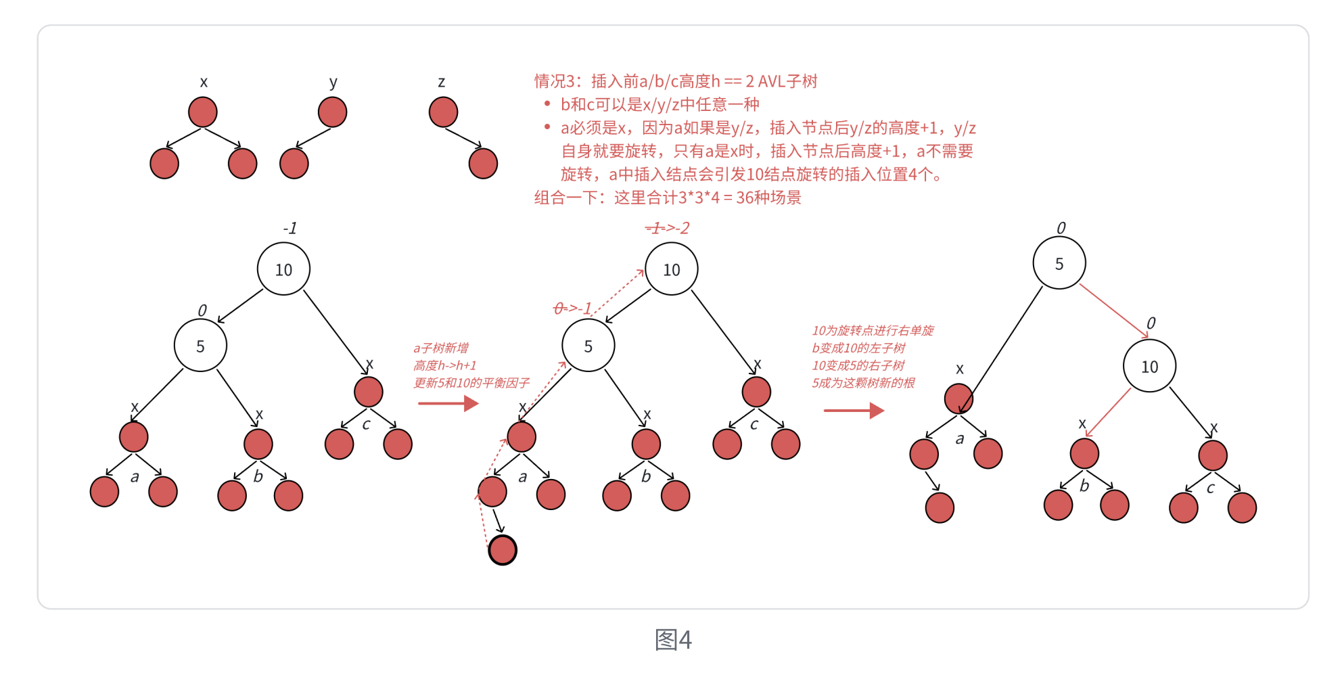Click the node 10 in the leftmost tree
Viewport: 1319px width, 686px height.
[283, 269]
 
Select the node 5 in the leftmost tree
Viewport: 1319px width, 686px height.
[200, 346]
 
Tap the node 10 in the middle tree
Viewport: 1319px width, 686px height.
[671, 269]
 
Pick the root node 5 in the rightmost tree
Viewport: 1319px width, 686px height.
[1059, 263]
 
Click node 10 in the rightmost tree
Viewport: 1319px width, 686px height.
[1149, 366]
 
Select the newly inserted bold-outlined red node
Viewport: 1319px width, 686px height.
[503, 549]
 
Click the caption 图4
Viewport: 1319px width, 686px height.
[673, 639]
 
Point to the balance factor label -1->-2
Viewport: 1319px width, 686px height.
[667, 228]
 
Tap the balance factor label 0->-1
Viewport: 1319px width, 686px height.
[572, 308]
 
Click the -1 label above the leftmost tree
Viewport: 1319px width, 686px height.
[290, 228]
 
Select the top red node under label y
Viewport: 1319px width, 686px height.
[332, 112]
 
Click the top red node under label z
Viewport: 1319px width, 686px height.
[443, 112]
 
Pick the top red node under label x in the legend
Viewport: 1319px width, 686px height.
[203, 112]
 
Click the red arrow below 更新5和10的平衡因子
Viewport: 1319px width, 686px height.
[448, 404]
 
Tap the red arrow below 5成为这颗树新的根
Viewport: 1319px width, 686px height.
[854, 411]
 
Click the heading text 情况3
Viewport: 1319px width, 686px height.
[555, 81]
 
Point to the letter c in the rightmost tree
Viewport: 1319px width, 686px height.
[1211, 487]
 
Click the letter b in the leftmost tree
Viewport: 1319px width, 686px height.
[258, 476]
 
